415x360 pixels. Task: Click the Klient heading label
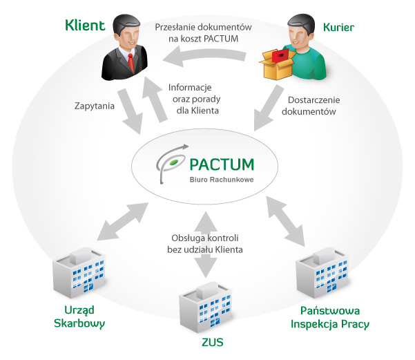[85, 26]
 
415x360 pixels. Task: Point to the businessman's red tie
[131, 64]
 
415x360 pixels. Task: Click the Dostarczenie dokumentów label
[311, 105]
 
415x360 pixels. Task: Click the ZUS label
[210, 341]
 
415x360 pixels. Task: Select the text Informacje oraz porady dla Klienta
[195, 99]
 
